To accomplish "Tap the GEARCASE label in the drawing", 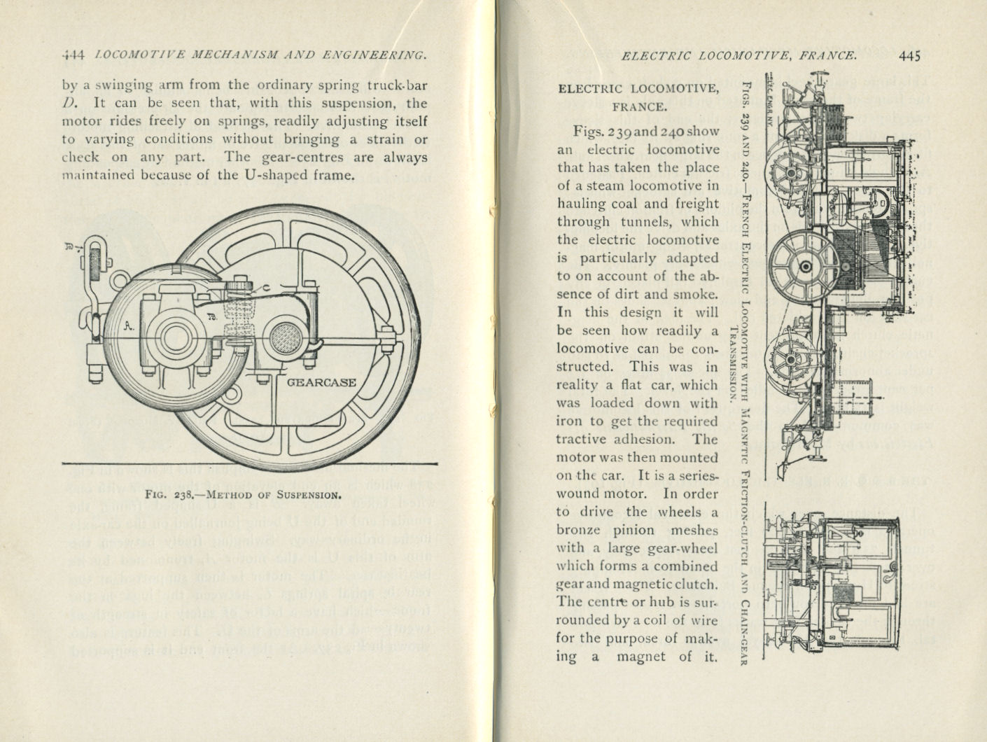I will [321, 383].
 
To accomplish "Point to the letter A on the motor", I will [128, 325].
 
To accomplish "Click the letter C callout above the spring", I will [266, 288].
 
